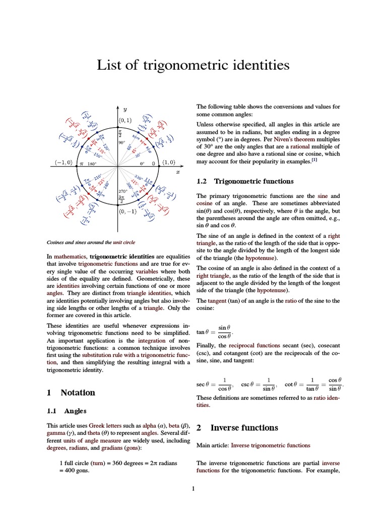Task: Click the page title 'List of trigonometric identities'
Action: tap(193, 66)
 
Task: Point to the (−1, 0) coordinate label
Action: tap(63, 163)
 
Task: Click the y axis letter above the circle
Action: tap(125, 109)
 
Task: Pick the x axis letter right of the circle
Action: tap(177, 172)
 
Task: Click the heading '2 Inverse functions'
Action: tap(237, 428)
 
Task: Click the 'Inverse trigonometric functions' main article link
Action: tap(271, 445)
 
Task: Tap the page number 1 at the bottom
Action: tap(193, 489)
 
